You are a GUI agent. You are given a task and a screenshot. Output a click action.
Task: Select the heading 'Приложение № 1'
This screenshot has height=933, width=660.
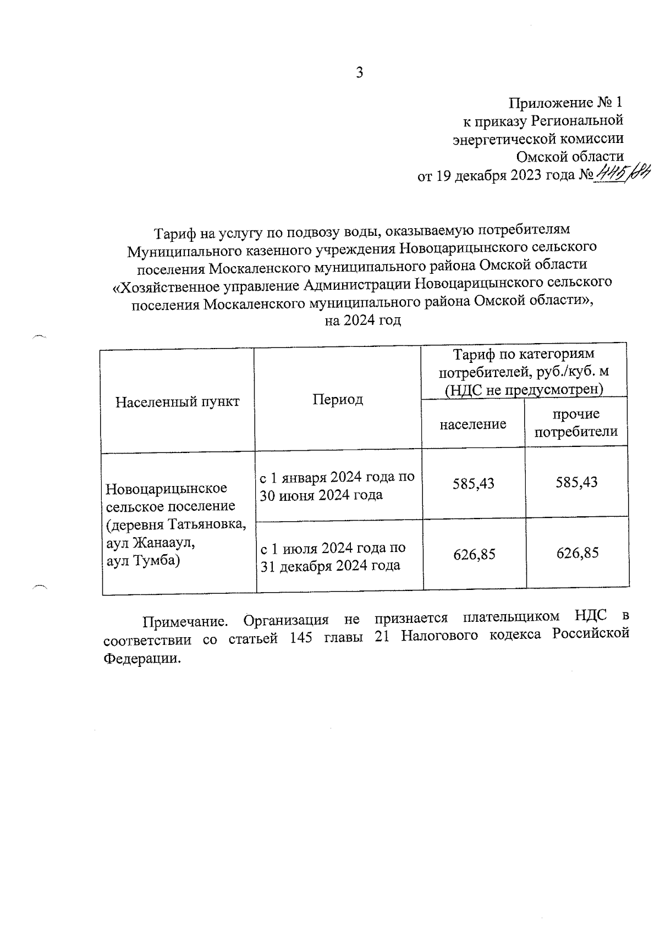click(x=566, y=103)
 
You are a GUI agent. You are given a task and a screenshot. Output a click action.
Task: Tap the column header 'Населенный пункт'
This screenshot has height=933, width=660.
click(x=178, y=401)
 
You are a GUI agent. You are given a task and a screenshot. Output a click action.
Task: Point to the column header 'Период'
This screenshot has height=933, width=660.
click(x=338, y=399)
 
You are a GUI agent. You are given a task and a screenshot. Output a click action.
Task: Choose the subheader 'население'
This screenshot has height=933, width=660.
click(x=473, y=424)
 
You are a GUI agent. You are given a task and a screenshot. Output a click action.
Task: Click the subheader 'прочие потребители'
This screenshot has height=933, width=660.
click(x=576, y=423)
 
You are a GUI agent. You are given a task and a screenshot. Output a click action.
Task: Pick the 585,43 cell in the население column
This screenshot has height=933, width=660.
click(x=474, y=483)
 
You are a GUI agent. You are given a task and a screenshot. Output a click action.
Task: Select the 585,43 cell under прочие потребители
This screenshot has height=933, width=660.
click(x=576, y=482)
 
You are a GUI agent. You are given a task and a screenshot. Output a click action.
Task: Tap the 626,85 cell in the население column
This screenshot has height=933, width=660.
click(x=474, y=554)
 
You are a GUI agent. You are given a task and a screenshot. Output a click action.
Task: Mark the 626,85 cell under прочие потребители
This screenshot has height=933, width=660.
click(x=577, y=553)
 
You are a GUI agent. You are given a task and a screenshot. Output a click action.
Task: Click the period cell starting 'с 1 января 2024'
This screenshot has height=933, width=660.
click(x=337, y=486)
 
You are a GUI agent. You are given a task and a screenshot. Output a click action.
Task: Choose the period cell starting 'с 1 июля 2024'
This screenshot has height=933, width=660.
click(x=333, y=556)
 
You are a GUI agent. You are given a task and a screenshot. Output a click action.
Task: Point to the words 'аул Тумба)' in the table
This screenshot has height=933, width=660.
click(x=143, y=561)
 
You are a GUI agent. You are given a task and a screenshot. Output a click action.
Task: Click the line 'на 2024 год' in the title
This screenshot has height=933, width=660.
click(x=362, y=321)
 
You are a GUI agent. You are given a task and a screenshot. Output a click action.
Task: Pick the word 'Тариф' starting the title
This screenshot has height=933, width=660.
click(x=172, y=234)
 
